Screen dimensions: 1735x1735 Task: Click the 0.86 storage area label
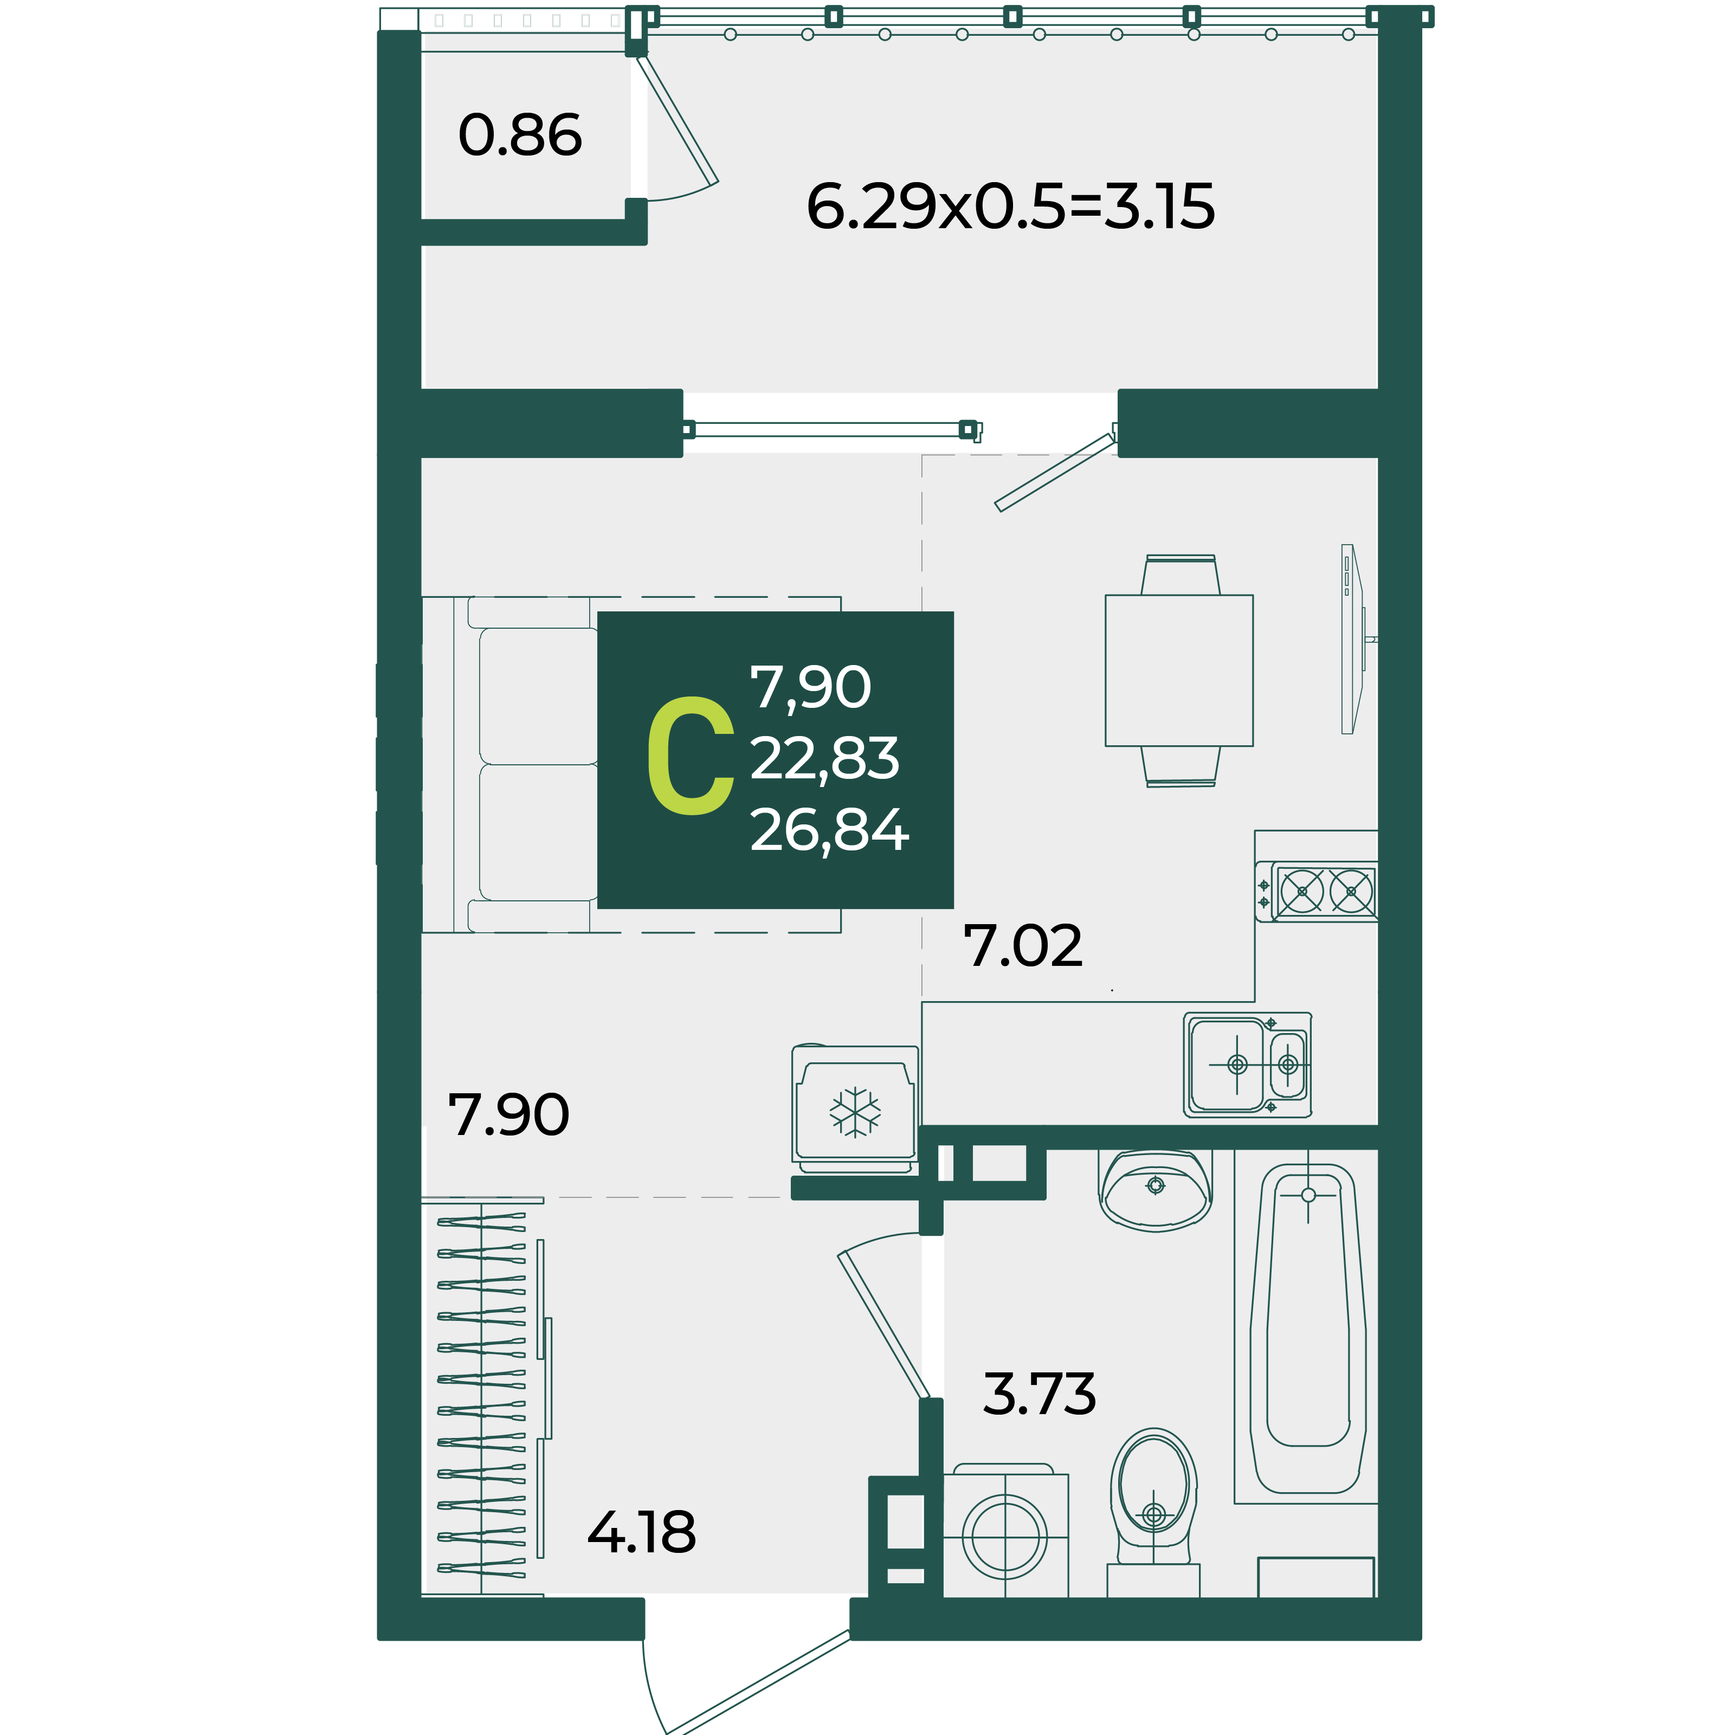[520, 136]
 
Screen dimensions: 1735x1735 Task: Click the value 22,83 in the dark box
[824, 759]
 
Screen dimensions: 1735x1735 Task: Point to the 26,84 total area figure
[829, 830]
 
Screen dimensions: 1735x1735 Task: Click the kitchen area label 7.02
[1023, 946]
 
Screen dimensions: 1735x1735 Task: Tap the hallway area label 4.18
[641, 1532]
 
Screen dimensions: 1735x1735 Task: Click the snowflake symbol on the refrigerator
[855, 1113]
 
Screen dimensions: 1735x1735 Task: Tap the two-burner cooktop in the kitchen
[1317, 892]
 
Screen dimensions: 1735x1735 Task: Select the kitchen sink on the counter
[1247, 1065]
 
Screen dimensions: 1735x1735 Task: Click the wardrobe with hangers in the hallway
[486, 1398]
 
